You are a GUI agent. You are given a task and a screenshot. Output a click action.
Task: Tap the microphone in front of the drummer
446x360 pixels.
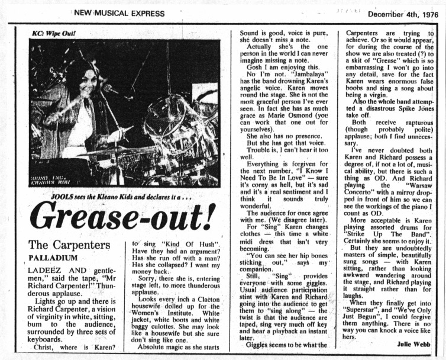click(x=109, y=89)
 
